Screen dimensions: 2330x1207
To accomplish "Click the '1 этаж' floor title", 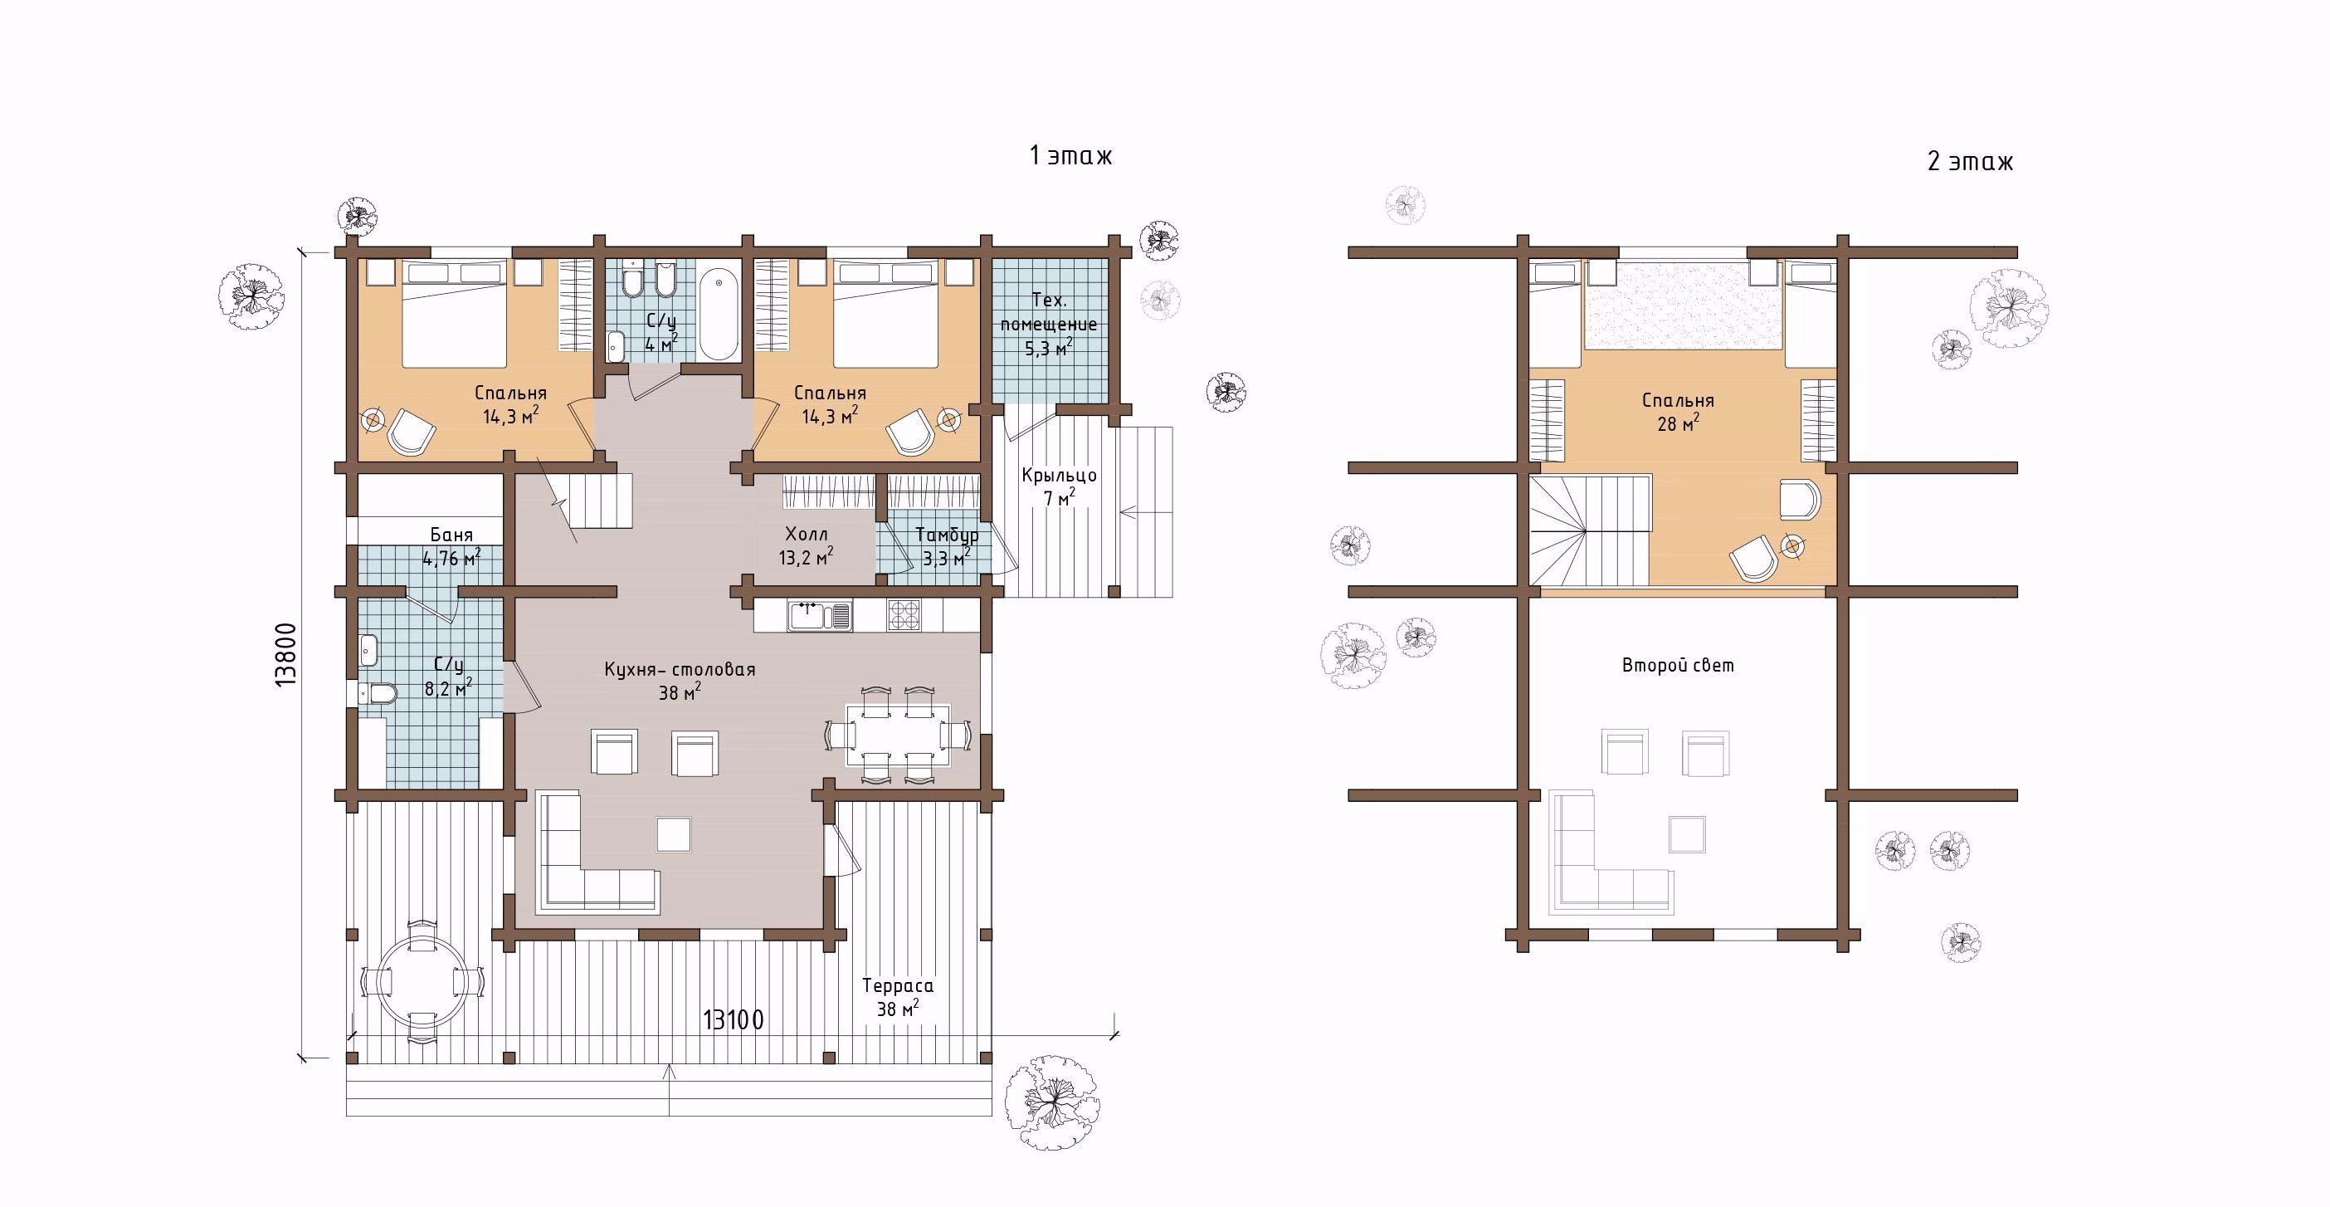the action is pos(1070,155).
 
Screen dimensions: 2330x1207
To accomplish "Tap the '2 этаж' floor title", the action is pos(1970,162).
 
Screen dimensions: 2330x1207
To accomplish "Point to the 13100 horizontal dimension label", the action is pos(734,1020).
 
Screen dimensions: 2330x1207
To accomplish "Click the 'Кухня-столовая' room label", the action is pos(680,671).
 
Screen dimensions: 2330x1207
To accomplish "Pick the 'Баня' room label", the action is pos(451,535).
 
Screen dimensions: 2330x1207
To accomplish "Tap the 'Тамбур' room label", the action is pos(946,535).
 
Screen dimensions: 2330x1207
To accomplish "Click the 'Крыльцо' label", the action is pos(1059,475).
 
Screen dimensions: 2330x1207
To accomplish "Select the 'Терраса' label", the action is pos(897,985).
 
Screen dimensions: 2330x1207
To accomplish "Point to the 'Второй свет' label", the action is pos(1678,666).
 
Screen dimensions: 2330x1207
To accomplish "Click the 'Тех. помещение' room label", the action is pos(1049,312).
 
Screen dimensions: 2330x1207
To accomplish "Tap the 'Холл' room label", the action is pos(806,535).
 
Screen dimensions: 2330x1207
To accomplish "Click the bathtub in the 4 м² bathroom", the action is pos(719,312).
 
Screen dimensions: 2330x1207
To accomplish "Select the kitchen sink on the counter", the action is pos(820,616).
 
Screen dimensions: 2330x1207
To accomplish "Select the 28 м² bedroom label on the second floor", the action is pos(1678,412).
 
